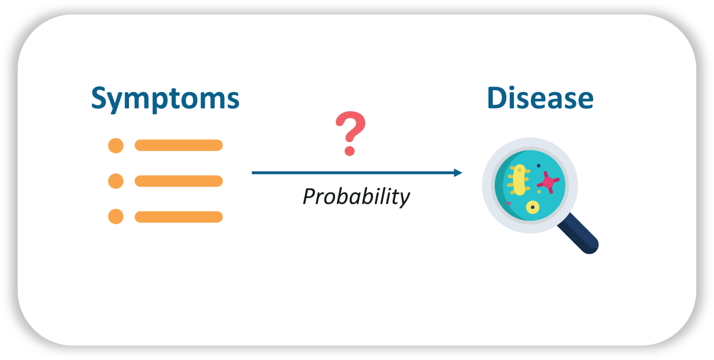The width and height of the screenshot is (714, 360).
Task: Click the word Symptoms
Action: point(165,98)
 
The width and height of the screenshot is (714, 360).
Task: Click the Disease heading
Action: point(540,98)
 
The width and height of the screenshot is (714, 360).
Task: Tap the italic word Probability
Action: point(356,197)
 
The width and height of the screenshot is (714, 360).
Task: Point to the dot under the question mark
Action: point(350,151)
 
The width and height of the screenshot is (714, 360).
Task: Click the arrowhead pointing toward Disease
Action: point(458,173)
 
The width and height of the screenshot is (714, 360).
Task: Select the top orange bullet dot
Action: point(116,145)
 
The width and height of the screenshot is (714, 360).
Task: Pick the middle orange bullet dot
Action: point(116,181)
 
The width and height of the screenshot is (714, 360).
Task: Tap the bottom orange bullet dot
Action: point(116,216)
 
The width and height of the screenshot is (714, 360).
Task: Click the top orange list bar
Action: point(178,145)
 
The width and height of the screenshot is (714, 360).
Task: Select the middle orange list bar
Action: point(178,181)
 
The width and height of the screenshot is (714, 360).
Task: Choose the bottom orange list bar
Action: point(178,217)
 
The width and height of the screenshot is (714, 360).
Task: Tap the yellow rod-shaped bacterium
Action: point(519,180)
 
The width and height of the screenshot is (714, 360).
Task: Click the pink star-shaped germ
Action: point(548,182)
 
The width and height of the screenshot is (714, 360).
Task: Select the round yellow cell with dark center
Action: point(532,207)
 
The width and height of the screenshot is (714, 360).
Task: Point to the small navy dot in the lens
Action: point(539,166)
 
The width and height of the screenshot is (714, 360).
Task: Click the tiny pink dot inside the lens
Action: point(509,204)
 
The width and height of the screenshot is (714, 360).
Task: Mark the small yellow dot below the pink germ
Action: point(539,192)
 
